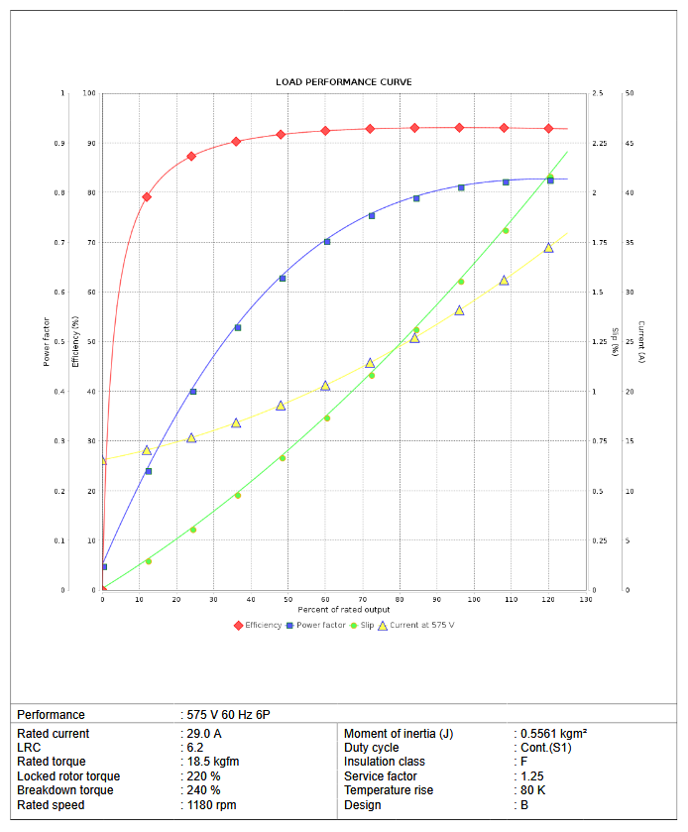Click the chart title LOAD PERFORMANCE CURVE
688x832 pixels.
(344, 81)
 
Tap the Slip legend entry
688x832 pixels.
(362, 625)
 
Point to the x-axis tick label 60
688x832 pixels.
(325, 600)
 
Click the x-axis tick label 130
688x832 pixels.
(585, 600)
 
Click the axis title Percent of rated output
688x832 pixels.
(344, 609)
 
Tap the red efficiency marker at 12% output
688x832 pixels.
(147, 196)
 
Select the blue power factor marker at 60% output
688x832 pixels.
(327, 241)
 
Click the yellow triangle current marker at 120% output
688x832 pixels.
(548, 248)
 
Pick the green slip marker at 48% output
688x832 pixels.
(283, 457)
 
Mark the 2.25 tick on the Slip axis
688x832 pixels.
(599, 144)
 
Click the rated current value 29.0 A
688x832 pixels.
(203, 734)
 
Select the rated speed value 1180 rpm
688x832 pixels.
(211, 805)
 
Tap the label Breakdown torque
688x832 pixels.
(65, 790)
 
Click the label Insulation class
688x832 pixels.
(385, 762)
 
